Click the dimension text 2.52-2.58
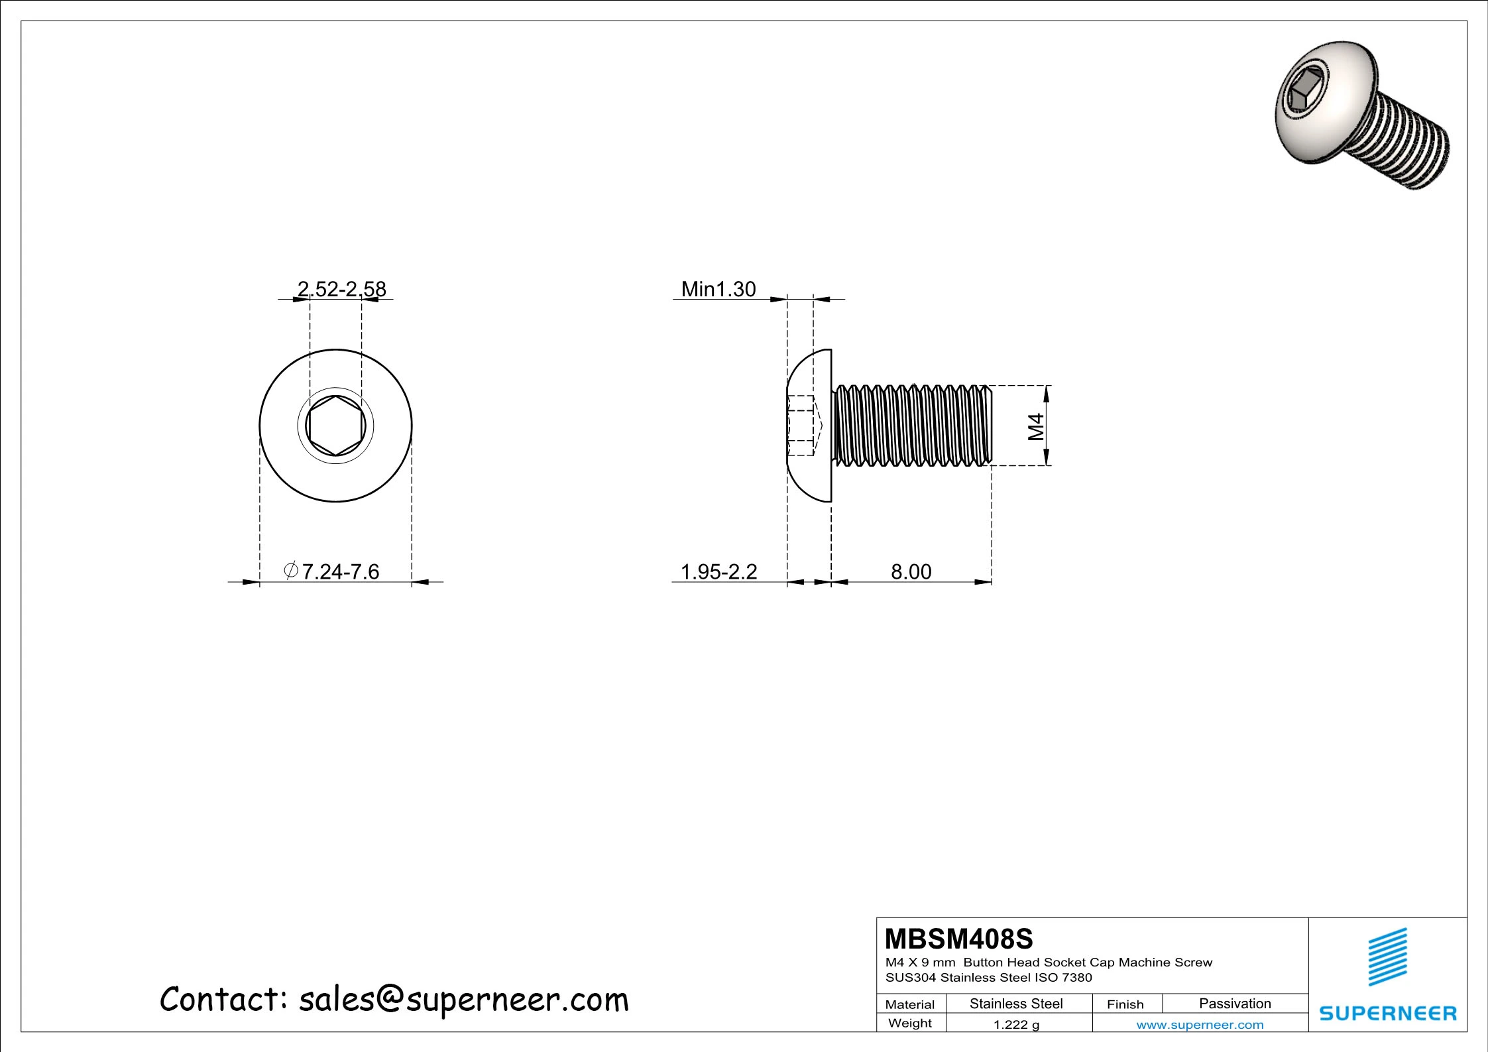[x=341, y=289]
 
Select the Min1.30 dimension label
[x=718, y=289]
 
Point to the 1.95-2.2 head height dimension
[x=719, y=571]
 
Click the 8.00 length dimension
[x=911, y=571]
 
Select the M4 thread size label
[x=1036, y=426]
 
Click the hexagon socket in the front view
[x=336, y=426]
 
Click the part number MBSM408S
[x=958, y=939]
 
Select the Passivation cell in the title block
[x=1235, y=1004]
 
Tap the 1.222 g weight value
[x=1016, y=1025]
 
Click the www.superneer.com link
[x=1200, y=1025]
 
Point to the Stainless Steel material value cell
[x=1016, y=1004]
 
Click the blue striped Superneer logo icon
[x=1388, y=957]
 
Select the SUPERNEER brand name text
[x=1388, y=1014]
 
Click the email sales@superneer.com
[x=463, y=1000]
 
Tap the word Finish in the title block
[x=1125, y=1004]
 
